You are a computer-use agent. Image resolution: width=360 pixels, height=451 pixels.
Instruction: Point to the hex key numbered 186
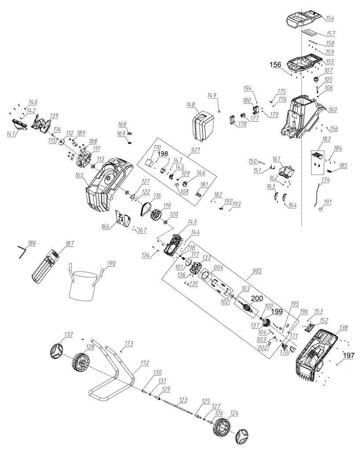22,253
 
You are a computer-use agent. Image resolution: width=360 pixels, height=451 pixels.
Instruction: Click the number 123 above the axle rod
183,400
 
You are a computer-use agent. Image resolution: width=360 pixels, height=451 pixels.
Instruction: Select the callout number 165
79,175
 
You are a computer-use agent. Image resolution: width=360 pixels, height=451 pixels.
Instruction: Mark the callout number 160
332,109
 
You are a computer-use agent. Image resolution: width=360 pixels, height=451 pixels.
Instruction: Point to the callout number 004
219,267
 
